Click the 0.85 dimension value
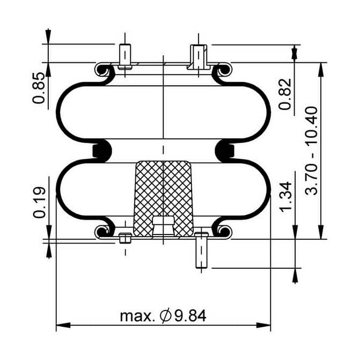coord(38,88)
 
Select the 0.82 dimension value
coord(285,94)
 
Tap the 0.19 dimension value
coord(39,202)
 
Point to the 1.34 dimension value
coord(285,196)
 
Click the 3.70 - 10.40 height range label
coord(311,151)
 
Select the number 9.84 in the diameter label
coord(190,316)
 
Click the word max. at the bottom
coord(136,317)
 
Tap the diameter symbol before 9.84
coord(166,316)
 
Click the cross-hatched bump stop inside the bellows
coord(163,199)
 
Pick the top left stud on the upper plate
coord(125,56)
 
